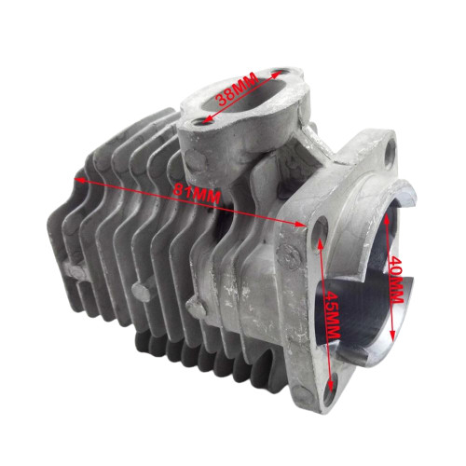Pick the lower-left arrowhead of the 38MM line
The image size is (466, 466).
point(197,118)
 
